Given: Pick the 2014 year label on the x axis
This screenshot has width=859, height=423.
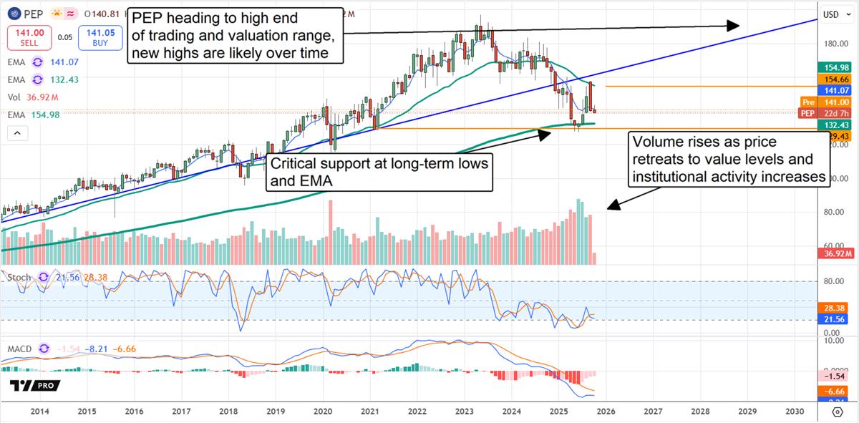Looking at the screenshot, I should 40,412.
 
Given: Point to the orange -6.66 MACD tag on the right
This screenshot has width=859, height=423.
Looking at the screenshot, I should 835,392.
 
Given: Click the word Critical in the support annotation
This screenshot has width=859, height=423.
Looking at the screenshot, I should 295,163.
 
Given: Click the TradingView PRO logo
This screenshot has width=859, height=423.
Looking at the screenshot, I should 35,386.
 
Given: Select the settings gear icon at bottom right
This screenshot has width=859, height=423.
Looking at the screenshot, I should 837,412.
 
